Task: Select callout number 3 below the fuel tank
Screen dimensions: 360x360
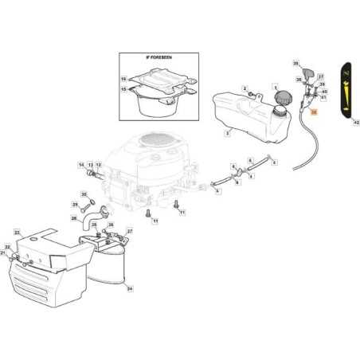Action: tap(227, 135)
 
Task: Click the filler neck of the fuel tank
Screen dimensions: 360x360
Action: tap(278, 112)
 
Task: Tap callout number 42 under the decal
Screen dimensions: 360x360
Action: tap(355, 123)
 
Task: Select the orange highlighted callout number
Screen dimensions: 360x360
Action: tap(313, 113)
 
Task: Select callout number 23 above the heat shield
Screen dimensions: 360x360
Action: tap(16, 232)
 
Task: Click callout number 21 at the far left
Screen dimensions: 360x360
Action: tap(2, 252)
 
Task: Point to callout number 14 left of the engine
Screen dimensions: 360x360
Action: tap(80, 165)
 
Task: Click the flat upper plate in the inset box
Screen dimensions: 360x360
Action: tap(164, 77)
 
